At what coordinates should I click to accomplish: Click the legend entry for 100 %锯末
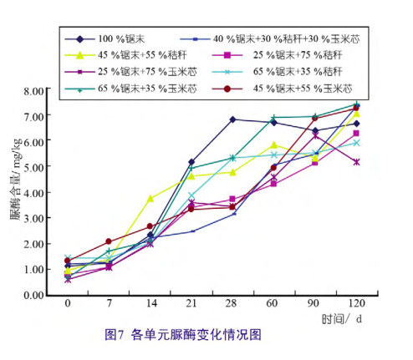(105, 38)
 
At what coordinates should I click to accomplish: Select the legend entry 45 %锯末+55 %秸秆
(125, 55)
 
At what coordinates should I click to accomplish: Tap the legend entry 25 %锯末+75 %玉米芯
(130, 72)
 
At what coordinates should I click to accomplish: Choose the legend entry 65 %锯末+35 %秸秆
(277, 72)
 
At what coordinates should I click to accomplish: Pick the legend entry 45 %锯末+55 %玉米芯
(282, 89)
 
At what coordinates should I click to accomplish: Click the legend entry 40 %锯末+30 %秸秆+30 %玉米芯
(270, 39)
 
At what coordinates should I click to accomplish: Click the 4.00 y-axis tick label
(34, 193)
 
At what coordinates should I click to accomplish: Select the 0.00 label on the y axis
(34, 295)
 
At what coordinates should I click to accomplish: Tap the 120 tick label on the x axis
(357, 303)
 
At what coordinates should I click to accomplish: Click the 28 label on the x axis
(232, 303)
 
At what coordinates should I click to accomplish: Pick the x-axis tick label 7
(109, 303)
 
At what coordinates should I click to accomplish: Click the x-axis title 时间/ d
(342, 319)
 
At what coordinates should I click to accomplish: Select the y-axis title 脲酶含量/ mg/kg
(16, 179)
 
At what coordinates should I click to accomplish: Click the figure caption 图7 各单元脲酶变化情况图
(183, 334)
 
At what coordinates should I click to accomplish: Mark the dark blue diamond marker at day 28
(232, 119)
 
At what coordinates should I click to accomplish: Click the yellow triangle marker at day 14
(150, 199)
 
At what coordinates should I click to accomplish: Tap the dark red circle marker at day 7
(109, 241)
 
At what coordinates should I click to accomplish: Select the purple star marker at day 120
(356, 162)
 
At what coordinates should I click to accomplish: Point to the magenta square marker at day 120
(356, 134)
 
